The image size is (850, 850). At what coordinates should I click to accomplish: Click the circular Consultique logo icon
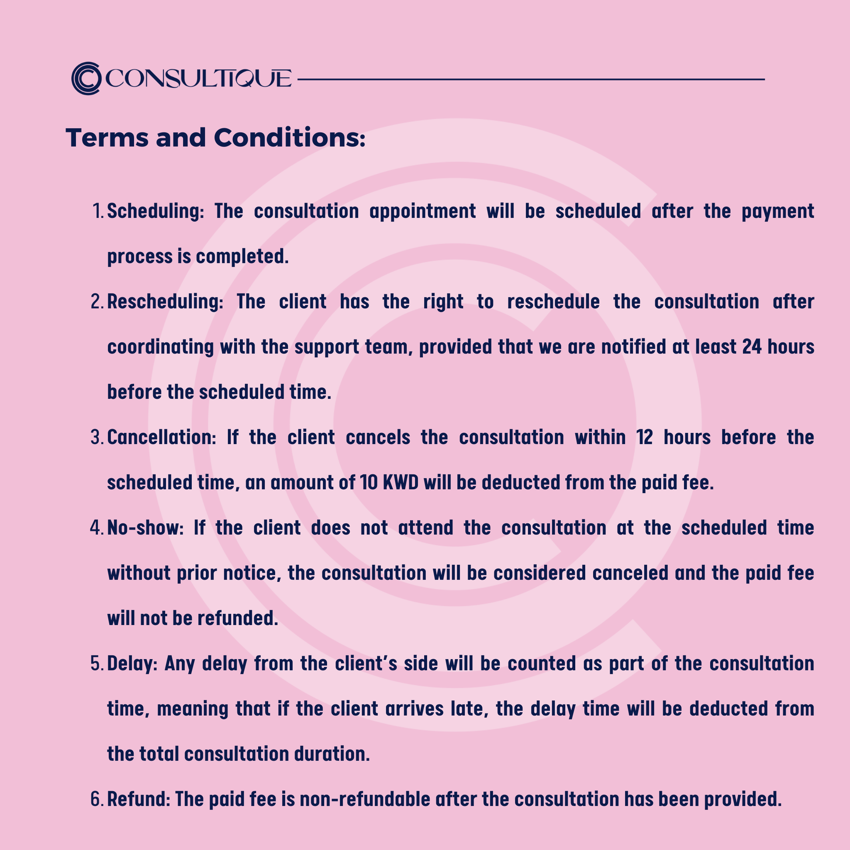pos(86,78)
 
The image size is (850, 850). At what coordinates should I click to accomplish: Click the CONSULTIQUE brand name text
pos(198,79)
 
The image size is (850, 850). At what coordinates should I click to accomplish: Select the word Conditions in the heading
pos(288,138)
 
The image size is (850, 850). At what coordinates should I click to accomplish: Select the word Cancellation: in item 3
pos(162,438)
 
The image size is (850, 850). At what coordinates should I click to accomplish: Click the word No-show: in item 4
pos(145,528)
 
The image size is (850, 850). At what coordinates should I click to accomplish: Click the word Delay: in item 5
pos(132,663)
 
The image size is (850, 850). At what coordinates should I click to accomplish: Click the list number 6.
pos(96,799)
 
